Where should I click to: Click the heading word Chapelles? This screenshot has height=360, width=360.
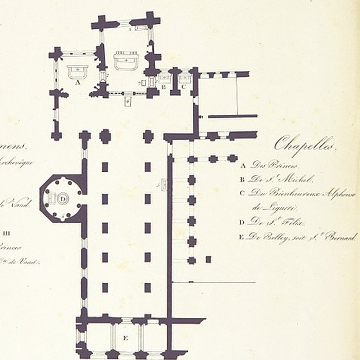[x=304, y=144]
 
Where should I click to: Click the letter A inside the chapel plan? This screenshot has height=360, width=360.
[x=77, y=82]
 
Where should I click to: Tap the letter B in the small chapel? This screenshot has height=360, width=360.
[x=164, y=87]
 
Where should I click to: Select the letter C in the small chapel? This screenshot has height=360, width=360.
[x=184, y=87]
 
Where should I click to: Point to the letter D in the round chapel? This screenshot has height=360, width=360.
[x=63, y=197]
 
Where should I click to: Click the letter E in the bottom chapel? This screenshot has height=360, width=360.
[x=125, y=338]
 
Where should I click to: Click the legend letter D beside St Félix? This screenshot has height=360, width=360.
[x=242, y=222]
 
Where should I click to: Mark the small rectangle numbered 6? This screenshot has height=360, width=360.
[x=127, y=101]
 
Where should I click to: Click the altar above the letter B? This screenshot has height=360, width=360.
[x=165, y=79]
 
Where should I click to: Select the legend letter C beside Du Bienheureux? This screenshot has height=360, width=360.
[x=242, y=193]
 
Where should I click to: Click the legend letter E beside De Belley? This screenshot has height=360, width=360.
[x=242, y=237]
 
